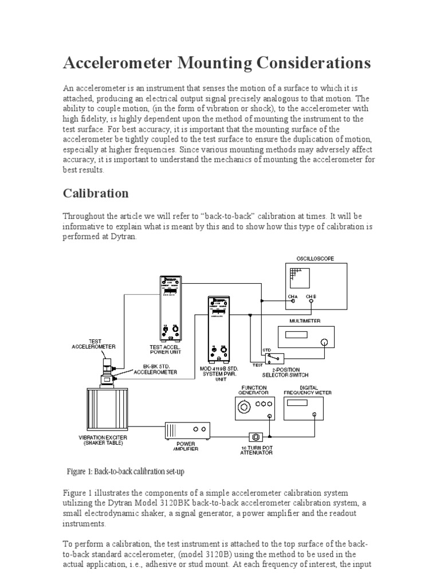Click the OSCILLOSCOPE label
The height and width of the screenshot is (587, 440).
316,259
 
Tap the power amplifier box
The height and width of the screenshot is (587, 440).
187,430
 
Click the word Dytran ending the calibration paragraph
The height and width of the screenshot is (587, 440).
125,237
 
